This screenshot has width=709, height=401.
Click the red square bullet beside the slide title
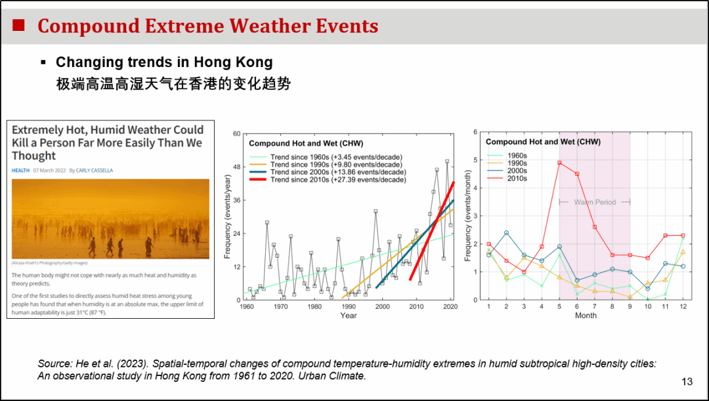[19, 26]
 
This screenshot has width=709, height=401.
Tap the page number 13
[687, 382]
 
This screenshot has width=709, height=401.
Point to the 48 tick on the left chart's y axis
[237, 167]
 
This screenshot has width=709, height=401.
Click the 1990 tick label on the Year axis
[349, 307]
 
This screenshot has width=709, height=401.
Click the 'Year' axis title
[349, 316]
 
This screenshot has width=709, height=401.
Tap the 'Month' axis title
[586, 316]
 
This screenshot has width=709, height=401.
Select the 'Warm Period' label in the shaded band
[595, 202]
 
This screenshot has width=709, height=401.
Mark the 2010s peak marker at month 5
[559, 163]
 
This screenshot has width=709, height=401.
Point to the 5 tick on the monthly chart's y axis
[475, 160]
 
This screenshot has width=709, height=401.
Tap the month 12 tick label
[683, 307]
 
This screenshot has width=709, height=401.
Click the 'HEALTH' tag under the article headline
[20, 170]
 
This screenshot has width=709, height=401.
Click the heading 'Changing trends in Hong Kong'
[164, 62]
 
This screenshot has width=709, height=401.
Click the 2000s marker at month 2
[507, 233]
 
